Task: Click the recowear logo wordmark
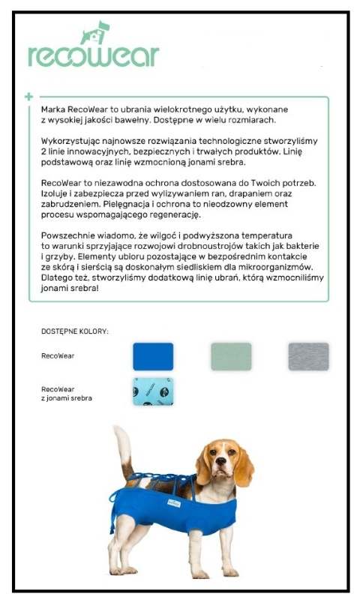93,55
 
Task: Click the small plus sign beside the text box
29,97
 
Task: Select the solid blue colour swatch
153,356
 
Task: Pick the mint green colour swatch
231,356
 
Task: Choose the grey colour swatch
308,356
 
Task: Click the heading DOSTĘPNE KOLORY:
75,331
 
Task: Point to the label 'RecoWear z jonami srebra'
66,394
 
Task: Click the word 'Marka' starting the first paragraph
54,109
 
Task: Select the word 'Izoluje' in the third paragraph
54,193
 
